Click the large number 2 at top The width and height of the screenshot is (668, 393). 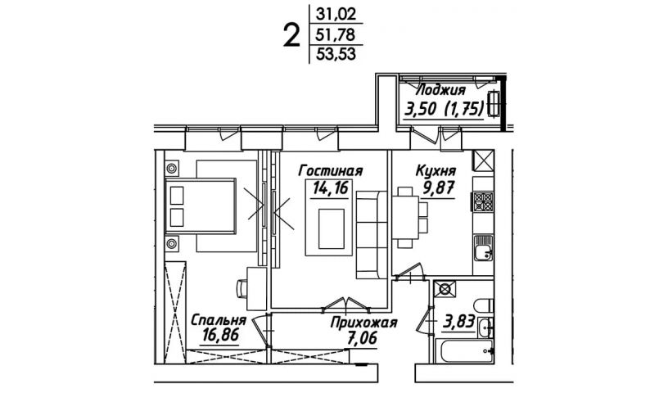click(291, 36)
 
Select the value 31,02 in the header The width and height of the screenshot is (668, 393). click(336, 15)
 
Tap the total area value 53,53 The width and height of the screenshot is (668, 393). click(336, 54)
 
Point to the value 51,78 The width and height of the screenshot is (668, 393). click(336, 34)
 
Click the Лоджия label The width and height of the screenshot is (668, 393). click(440, 91)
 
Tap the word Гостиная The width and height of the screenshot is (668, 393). click(331, 171)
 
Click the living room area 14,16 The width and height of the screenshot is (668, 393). click(331, 187)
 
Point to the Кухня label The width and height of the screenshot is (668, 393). click(436, 171)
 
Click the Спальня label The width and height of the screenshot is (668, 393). click(219, 320)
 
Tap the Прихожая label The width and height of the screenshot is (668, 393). click(363, 323)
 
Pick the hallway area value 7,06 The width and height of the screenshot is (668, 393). click(362, 339)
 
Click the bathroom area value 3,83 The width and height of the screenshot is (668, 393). click(458, 321)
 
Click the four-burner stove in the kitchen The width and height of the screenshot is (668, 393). click(483, 201)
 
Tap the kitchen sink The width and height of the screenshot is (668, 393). click(483, 248)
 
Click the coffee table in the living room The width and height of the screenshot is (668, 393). click(332, 229)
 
